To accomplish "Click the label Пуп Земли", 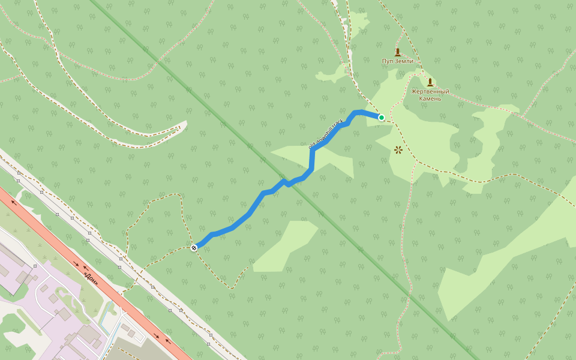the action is click(x=397, y=61).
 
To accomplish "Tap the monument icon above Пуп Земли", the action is click(x=397, y=52).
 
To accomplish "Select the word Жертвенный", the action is click(x=430, y=91).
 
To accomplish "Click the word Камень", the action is click(x=430, y=98).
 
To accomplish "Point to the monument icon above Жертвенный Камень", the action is click(x=430, y=82).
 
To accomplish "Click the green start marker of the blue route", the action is click(x=382, y=117).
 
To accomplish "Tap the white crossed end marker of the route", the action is click(x=194, y=248).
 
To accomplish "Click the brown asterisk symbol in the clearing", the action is click(x=398, y=149).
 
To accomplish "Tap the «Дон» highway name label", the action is click(x=91, y=278).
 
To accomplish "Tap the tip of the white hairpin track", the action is click(x=183, y=124).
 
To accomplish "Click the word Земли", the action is click(x=404, y=61).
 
